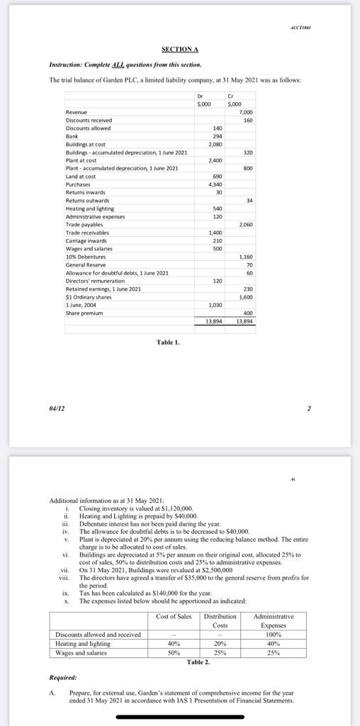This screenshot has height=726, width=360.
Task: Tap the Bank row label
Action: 72,135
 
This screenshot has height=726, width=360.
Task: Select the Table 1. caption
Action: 168,342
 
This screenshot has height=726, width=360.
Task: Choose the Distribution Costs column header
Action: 220,620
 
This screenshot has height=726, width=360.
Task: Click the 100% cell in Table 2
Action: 273,635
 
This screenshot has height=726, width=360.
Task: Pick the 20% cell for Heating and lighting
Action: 220,644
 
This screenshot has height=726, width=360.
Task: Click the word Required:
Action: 63,677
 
